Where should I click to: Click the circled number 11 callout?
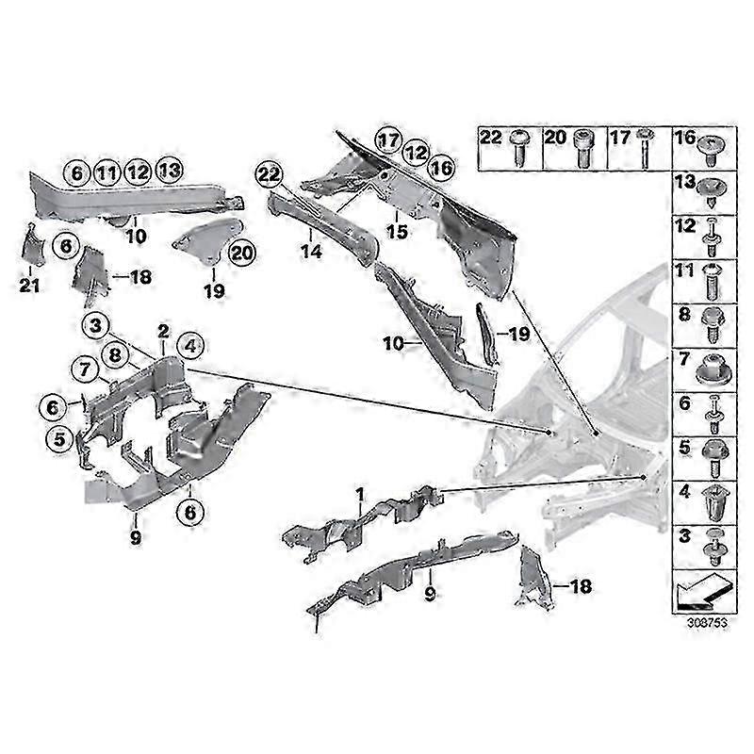(x=107, y=172)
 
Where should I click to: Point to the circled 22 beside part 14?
(x=269, y=174)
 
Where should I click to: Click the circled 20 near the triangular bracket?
(x=241, y=252)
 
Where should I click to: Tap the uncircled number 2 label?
(x=163, y=331)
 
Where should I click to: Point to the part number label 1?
(x=359, y=494)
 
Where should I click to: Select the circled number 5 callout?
(x=62, y=437)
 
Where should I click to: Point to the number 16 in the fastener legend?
(x=683, y=138)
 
